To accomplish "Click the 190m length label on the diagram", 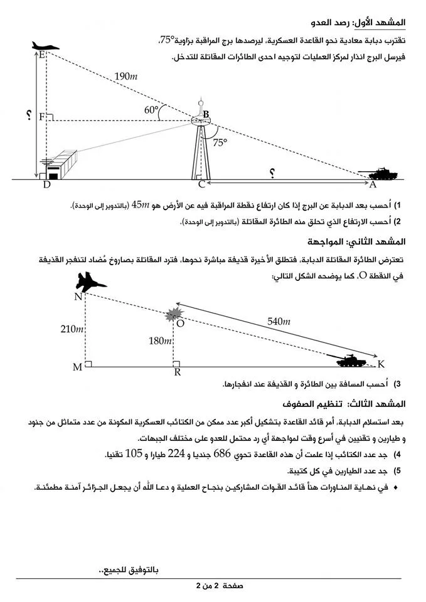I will (x=126, y=77).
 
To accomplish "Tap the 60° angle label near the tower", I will (x=151, y=110).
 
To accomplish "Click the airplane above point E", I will (x=46, y=46).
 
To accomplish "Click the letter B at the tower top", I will (x=206, y=115).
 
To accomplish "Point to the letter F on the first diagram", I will (x=41, y=117).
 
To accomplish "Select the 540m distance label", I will (x=279, y=322).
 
